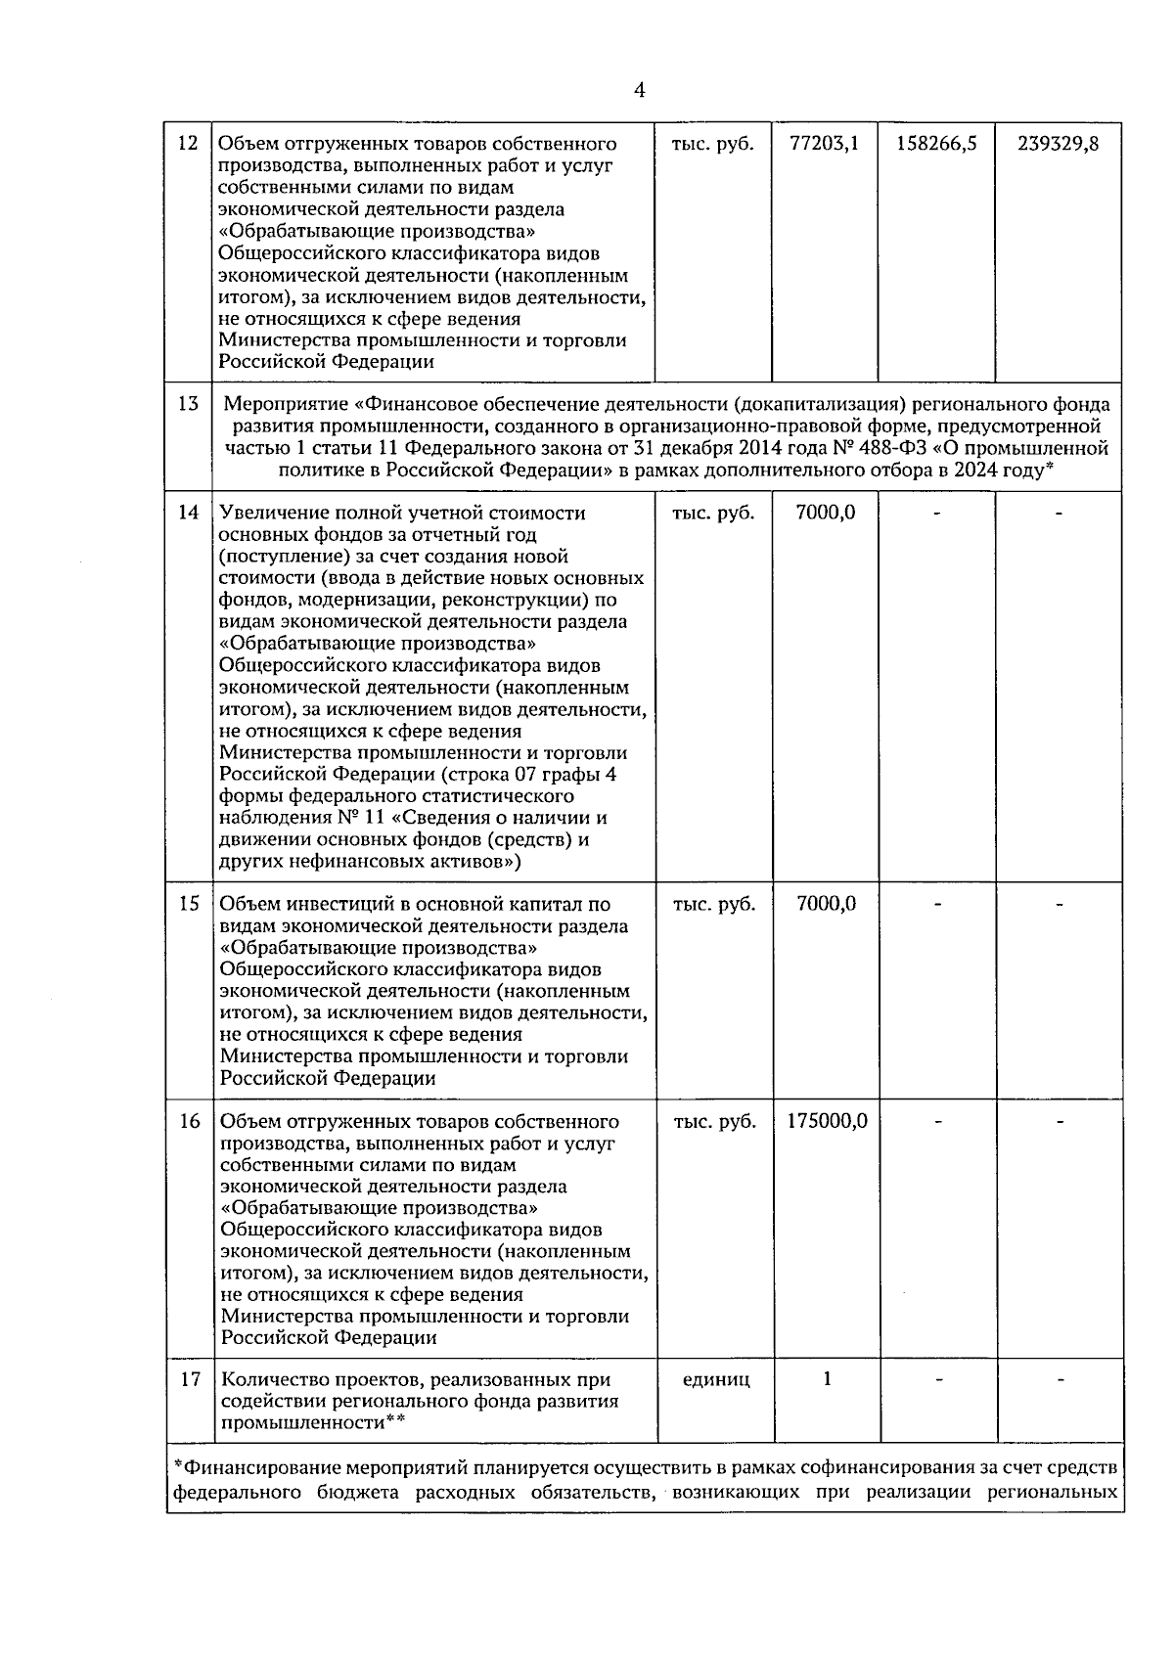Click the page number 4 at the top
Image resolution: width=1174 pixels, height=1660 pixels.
pyautogui.click(x=639, y=91)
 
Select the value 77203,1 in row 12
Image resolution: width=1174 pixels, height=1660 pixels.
pyautogui.click(x=824, y=144)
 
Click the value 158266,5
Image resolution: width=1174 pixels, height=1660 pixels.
pyautogui.click(x=936, y=144)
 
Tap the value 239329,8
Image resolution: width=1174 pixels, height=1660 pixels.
pyautogui.click(x=1058, y=144)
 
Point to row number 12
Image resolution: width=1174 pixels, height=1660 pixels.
pyautogui.click(x=188, y=144)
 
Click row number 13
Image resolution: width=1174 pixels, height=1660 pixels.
pyautogui.click(x=188, y=404)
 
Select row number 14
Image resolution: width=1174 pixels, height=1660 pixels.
pyautogui.click(x=188, y=513)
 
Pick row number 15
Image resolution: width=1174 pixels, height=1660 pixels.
pyautogui.click(x=188, y=904)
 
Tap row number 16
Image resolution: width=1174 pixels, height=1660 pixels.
pyautogui.click(x=188, y=1121)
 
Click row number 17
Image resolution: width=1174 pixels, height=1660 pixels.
pyautogui.click(x=188, y=1379)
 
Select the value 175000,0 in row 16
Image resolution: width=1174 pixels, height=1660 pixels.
pyautogui.click(x=827, y=1121)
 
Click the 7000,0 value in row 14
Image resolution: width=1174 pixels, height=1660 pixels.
pyautogui.click(x=826, y=513)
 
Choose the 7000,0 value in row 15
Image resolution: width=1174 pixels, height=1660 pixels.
pyautogui.click(x=826, y=904)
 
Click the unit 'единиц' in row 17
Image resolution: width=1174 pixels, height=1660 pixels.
pyautogui.click(x=715, y=1379)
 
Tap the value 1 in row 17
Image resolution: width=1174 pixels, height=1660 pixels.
pyautogui.click(x=827, y=1379)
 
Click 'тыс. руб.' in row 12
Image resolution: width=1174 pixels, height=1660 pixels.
pyautogui.click(x=713, y=144)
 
